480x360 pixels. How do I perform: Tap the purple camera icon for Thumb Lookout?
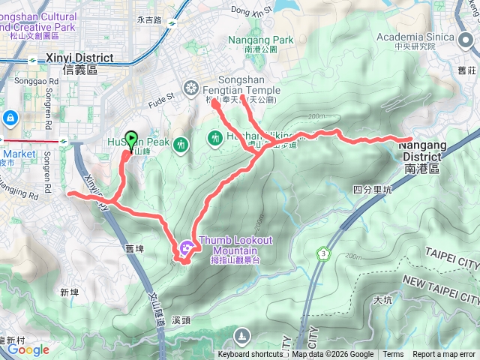tap(185, 246)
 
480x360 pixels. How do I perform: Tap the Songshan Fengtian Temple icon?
tap(191, 86)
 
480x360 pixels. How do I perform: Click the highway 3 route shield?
tap(323, 253)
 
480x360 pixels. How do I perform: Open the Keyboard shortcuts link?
tap(250, 355)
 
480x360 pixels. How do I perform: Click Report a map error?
tap(444, 355)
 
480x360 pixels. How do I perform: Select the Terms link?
tap(393, 355)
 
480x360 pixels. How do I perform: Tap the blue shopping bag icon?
tap(10, 118)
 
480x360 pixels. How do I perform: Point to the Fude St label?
tap(160, 96)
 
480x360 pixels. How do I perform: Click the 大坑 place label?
tap(382, 300)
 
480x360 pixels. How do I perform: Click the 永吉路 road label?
tap(149, 21)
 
